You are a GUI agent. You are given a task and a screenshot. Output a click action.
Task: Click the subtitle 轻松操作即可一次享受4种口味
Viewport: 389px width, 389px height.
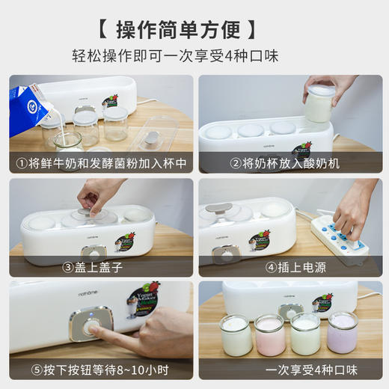194,57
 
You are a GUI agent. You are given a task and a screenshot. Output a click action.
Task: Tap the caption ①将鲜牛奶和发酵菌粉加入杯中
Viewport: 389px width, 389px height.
101,162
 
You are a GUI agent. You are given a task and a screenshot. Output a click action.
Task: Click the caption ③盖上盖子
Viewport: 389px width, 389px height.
101,266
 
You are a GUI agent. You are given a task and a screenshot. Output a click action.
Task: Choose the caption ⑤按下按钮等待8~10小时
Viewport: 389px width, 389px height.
101,370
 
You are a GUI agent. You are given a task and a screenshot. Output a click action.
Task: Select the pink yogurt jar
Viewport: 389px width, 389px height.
269,334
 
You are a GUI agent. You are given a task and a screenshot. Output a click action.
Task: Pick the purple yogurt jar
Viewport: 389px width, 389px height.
342,332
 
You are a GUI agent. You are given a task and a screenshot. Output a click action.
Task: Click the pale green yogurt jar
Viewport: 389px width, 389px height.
305,334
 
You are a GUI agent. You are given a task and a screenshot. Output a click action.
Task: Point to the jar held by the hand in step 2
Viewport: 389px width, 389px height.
319,105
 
